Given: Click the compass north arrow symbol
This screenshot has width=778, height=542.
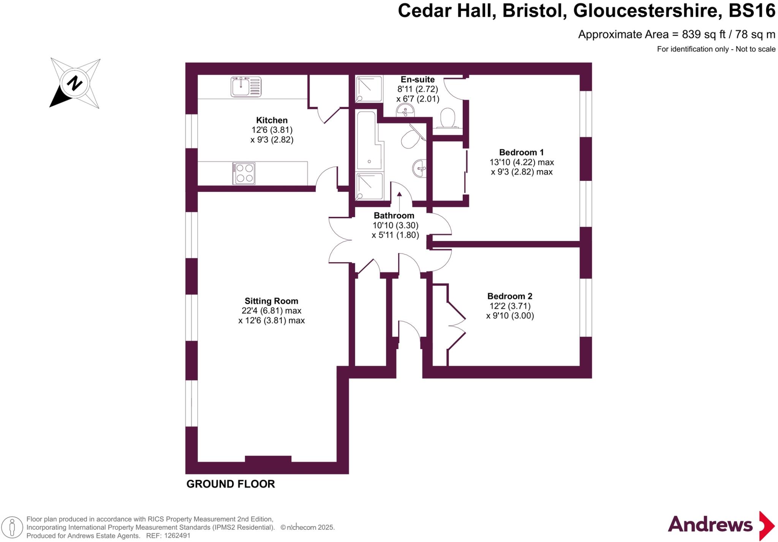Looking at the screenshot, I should (x=75, y=83).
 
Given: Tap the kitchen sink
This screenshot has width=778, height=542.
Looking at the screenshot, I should (x=246, y=87).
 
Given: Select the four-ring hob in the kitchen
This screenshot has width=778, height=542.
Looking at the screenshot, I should (x=244, y=174).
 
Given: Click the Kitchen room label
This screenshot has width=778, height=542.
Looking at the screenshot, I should (x=272, y=120).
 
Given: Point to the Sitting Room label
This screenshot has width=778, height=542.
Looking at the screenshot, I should (x=271, y=301).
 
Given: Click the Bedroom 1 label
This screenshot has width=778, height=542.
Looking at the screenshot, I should (x=521, y=152).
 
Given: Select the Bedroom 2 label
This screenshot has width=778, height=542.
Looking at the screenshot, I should (x=510, y=296).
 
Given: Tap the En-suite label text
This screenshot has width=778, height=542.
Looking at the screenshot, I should (x=417, y=79).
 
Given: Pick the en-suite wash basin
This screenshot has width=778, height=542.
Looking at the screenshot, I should (x=406, y=111).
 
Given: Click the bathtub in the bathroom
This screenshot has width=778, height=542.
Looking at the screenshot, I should (x=368, y=141).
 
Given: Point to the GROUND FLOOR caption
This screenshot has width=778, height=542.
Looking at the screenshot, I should (x=230, y=484).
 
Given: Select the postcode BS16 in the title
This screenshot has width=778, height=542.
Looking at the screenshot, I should (x=752, y=11).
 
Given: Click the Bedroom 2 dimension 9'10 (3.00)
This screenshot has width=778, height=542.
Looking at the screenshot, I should (x=510, y=316).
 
